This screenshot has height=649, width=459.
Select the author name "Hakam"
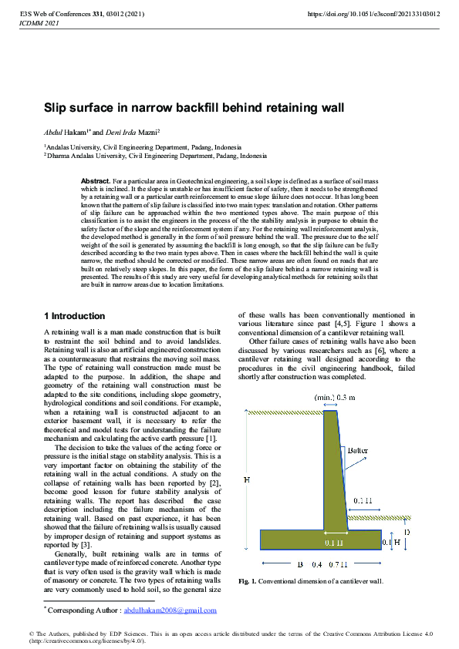(x=75, y=132)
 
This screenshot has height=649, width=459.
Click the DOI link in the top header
(x=373, y=14)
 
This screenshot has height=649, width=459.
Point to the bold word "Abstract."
(x=96, y=180)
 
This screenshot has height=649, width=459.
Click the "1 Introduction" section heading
(x=74, y=316)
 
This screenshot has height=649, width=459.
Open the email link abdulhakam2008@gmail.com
(x=170, y=610)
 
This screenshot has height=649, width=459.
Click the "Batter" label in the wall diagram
(x=357, y=449)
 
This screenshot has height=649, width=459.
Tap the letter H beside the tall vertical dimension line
(x=246, y=480)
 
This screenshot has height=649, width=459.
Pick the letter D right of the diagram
(x=407, y=532)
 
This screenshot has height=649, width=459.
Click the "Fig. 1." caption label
(x=248, y=580)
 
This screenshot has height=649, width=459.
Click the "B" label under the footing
(x=299, y=564)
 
